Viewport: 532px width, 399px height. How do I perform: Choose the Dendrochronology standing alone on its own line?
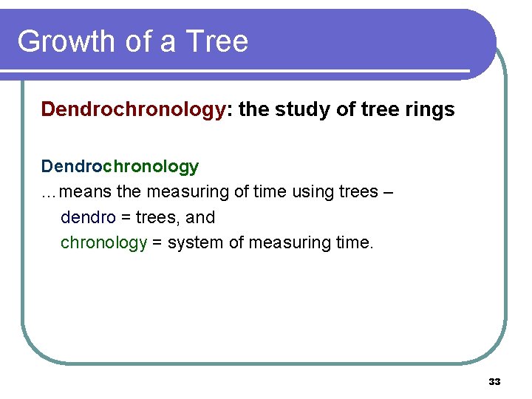point(120,167)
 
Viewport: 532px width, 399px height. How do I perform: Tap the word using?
point(309,192)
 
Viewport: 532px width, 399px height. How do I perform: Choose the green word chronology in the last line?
point(103,243)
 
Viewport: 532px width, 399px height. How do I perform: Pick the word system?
point(193,243)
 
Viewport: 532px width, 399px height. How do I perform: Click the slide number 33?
point(494,382)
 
